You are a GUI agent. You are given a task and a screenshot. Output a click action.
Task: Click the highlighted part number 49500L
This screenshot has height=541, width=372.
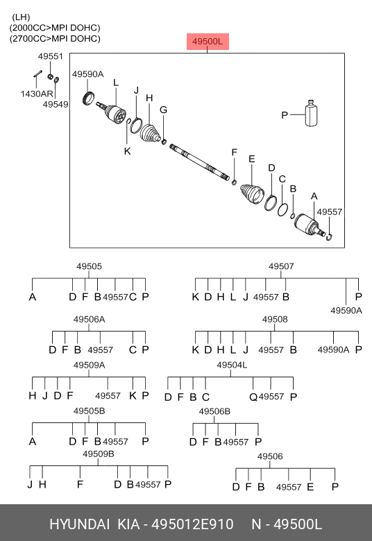(x=208, y=42)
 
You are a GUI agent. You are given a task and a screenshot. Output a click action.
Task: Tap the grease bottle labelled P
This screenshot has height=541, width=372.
(x=311, y=114)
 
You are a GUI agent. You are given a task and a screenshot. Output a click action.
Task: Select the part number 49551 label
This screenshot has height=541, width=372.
(x=51, y=56)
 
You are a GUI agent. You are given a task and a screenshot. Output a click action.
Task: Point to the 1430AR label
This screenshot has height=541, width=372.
(x=37, y=94)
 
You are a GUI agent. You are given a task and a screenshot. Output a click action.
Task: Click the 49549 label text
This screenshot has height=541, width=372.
(x=56, y=104)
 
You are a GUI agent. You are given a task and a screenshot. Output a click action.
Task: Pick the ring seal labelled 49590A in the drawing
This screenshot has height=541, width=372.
(x=89, y=98)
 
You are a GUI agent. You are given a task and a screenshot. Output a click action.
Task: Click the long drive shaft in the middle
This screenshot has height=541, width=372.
(x=200, y=162)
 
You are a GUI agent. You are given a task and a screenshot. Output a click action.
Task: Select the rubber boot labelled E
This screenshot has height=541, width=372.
(x=252, y=194)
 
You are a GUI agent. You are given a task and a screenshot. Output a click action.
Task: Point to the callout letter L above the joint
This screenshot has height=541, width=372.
(x=116, y=83)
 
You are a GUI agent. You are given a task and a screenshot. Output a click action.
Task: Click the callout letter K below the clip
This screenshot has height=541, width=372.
(x=128, y=151)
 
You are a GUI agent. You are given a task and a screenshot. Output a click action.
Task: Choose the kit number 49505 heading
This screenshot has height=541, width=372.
(x=89, y=266)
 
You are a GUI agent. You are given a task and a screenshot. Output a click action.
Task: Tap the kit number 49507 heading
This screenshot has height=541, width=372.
(x=281, y=266)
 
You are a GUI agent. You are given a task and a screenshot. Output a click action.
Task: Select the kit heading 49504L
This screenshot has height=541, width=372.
(x=232, y=365)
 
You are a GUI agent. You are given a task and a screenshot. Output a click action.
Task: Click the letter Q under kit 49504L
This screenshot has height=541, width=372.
(x=253, y=397)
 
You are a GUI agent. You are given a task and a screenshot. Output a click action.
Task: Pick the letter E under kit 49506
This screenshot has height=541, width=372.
(x=310, y=487)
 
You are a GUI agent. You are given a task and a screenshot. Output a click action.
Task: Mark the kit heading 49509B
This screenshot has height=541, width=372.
(x=98, y=454)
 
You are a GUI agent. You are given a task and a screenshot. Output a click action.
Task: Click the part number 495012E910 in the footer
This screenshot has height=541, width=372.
(x=192, y=524)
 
